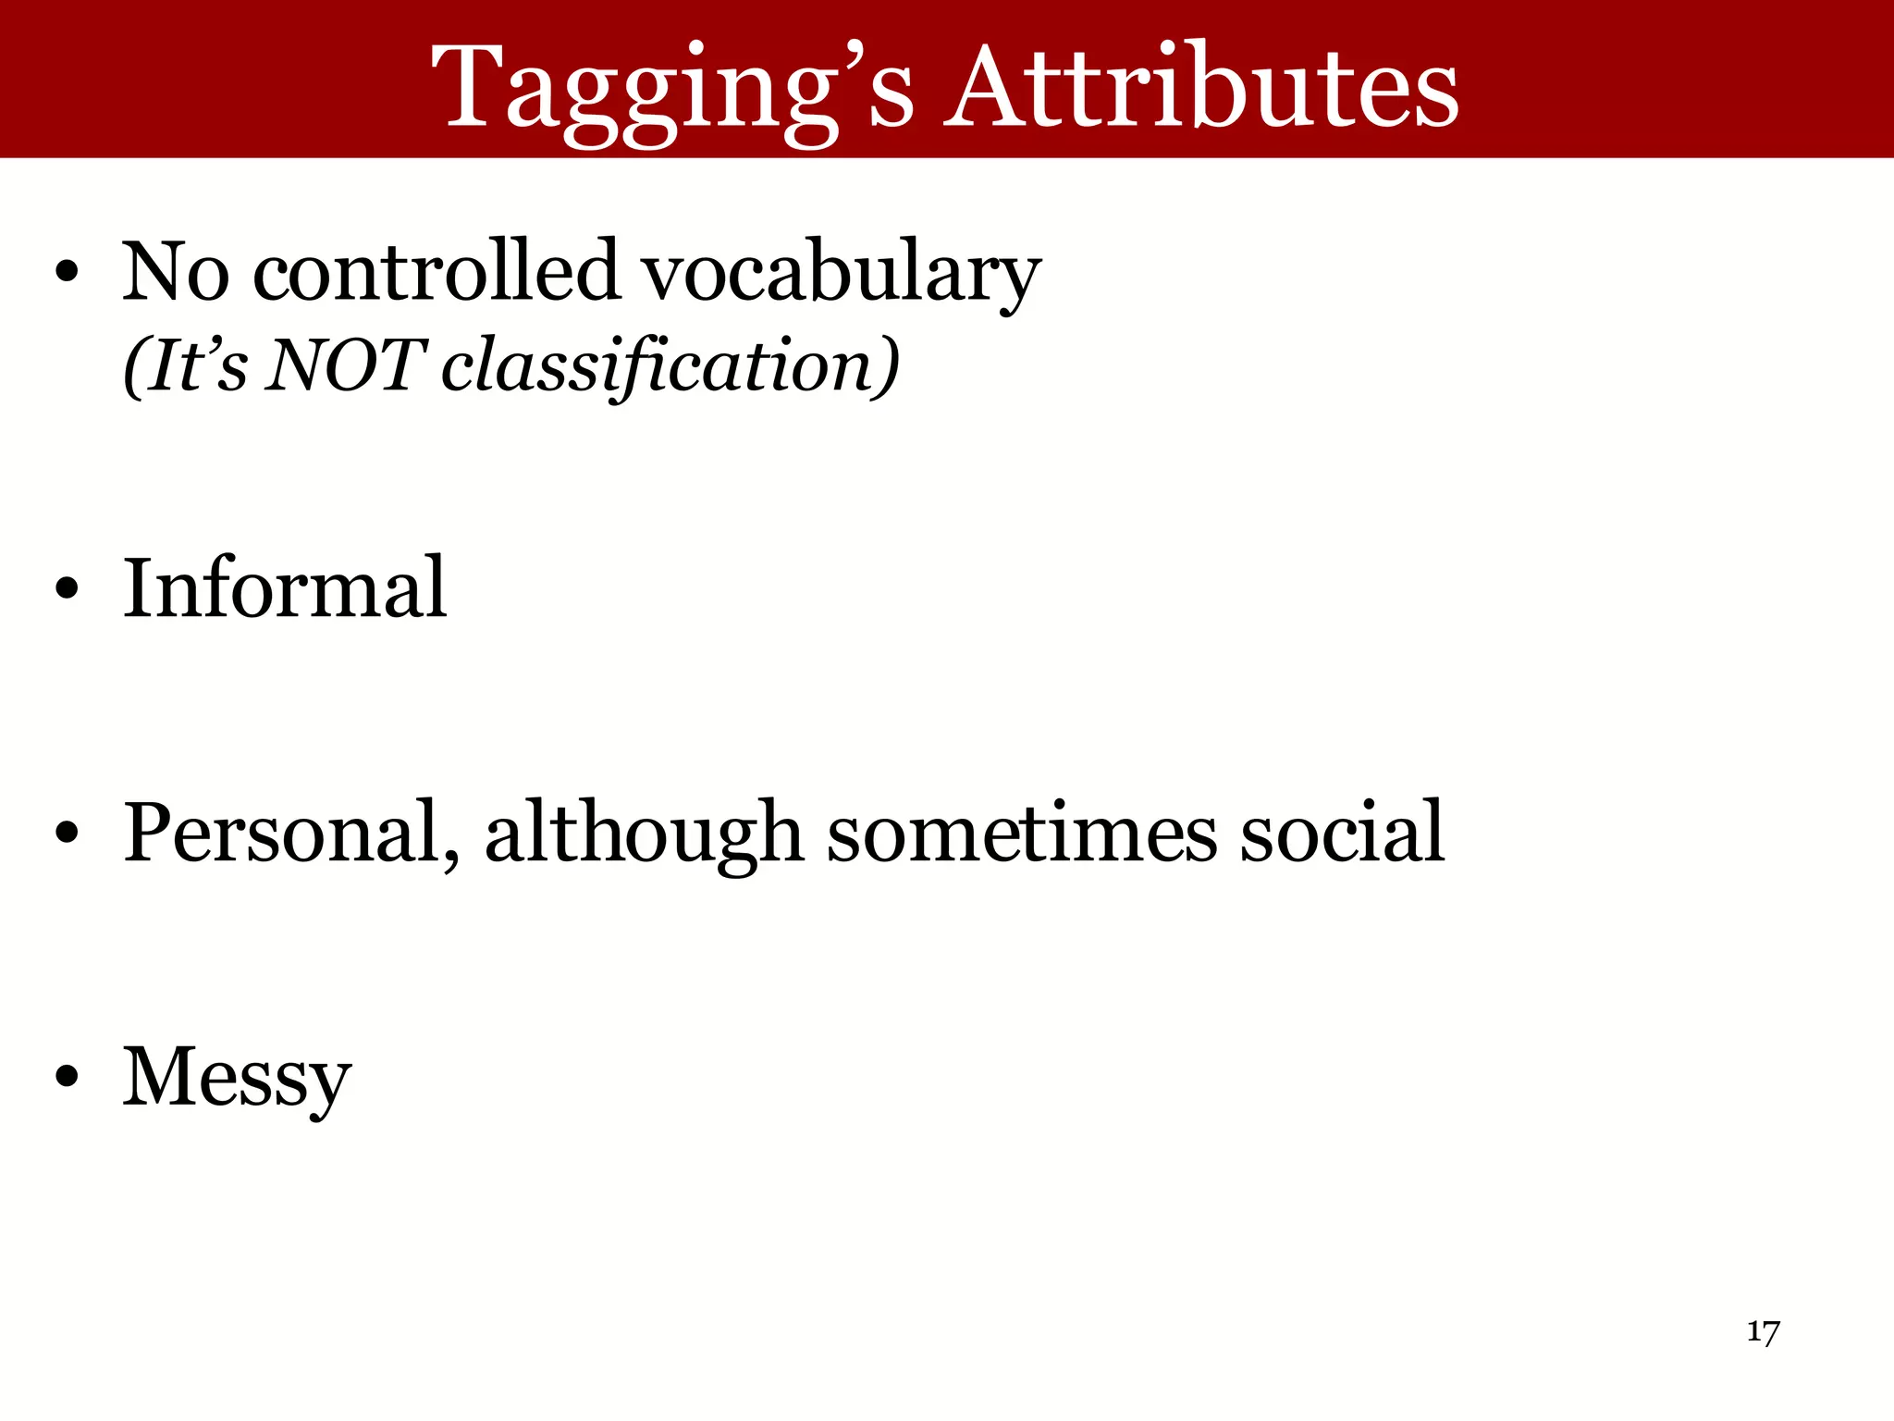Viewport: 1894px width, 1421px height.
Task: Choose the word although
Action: [x=644, y=833]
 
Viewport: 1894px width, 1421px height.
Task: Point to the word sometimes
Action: [x=1021, y=833]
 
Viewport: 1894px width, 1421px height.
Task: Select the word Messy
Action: [x=237, y=1078]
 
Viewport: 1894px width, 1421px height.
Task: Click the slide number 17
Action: [x=1763, y=1333]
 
